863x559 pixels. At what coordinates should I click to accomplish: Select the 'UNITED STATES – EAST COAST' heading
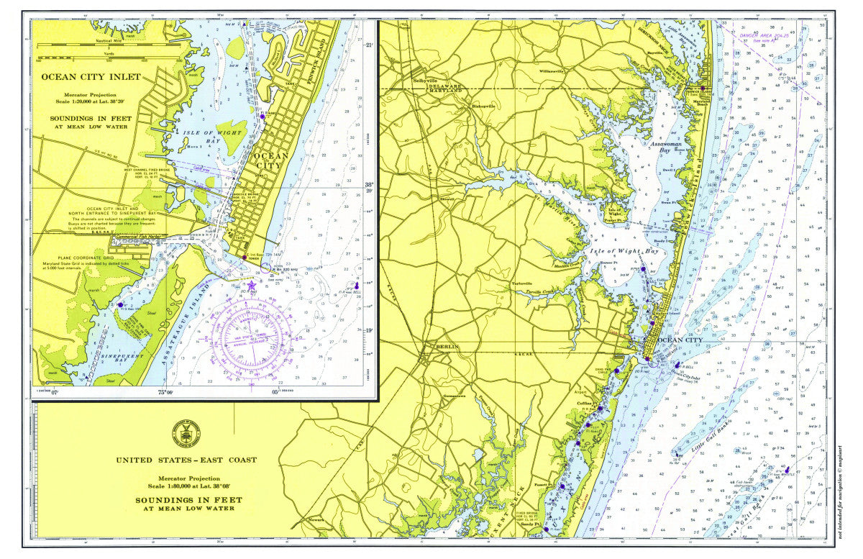(186, 460)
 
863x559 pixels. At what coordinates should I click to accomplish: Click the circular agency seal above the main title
(186, 433)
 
